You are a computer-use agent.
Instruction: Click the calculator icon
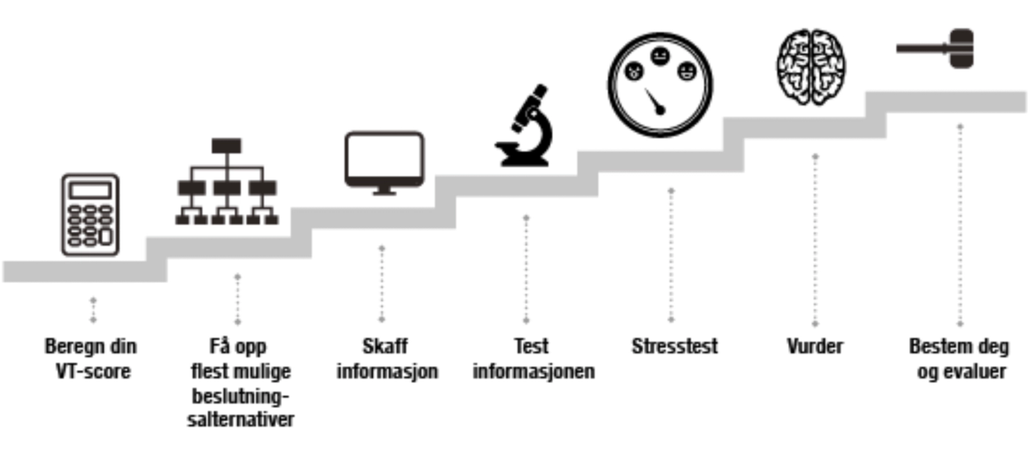[90, 215]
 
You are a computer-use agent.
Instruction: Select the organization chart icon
[227, 182]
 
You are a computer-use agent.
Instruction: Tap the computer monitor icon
[384, 161]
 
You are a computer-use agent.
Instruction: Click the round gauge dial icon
[660, 85]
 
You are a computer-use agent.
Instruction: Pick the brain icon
[811, 67]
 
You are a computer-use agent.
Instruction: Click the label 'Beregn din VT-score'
[91, 358]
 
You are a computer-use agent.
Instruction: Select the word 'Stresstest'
[674, 346]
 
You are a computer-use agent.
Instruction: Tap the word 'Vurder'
[815, 346]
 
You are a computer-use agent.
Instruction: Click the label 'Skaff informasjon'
[387, 358]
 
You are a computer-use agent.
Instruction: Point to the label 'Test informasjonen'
[533, 358]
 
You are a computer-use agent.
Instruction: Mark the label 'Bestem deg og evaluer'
[960, 358]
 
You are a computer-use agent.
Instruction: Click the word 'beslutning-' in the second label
[241, 396]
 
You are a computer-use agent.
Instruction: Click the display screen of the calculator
[90, 190]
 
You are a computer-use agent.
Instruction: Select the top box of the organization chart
[227, 145]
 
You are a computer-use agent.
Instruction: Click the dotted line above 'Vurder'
[815, 239]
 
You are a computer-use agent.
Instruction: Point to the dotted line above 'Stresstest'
[671, 255]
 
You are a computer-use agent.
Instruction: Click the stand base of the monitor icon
[384, 193]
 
